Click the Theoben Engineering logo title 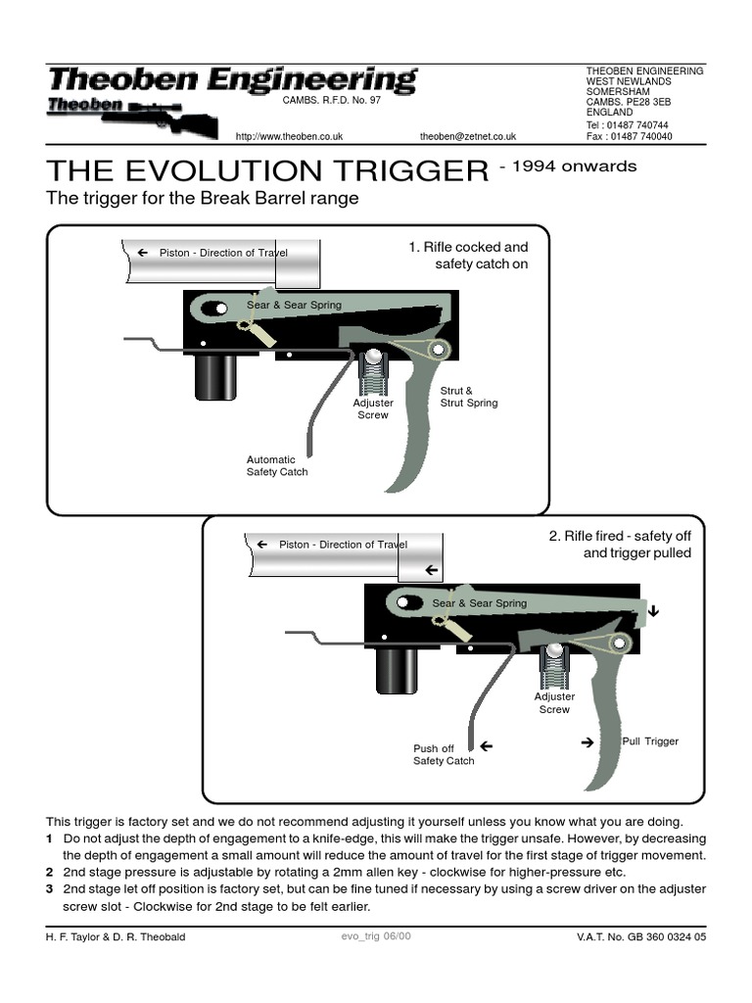(x=233, y=80)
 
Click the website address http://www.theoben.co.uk (x=289, y=137)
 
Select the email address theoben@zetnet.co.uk (x=467, y=137)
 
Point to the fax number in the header (x=629, y=137)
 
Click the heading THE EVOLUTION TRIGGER (x=267, y=170)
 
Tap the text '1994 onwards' (x=568, y=167)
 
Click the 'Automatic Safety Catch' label (x=277, y=465)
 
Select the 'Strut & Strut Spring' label (x=469, y=397)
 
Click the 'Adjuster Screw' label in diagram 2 (x=554, y=703)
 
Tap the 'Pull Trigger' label (x=650, y=741)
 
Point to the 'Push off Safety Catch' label (x=444, y=754)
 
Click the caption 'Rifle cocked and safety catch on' (x=468, y=256)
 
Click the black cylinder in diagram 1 (x=215, y=376)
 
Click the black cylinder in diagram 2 (x=397, y=670)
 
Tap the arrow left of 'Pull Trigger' (x=587, y=742)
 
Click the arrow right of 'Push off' (x=485, y=747)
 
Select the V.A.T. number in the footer (x=641, y=937)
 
